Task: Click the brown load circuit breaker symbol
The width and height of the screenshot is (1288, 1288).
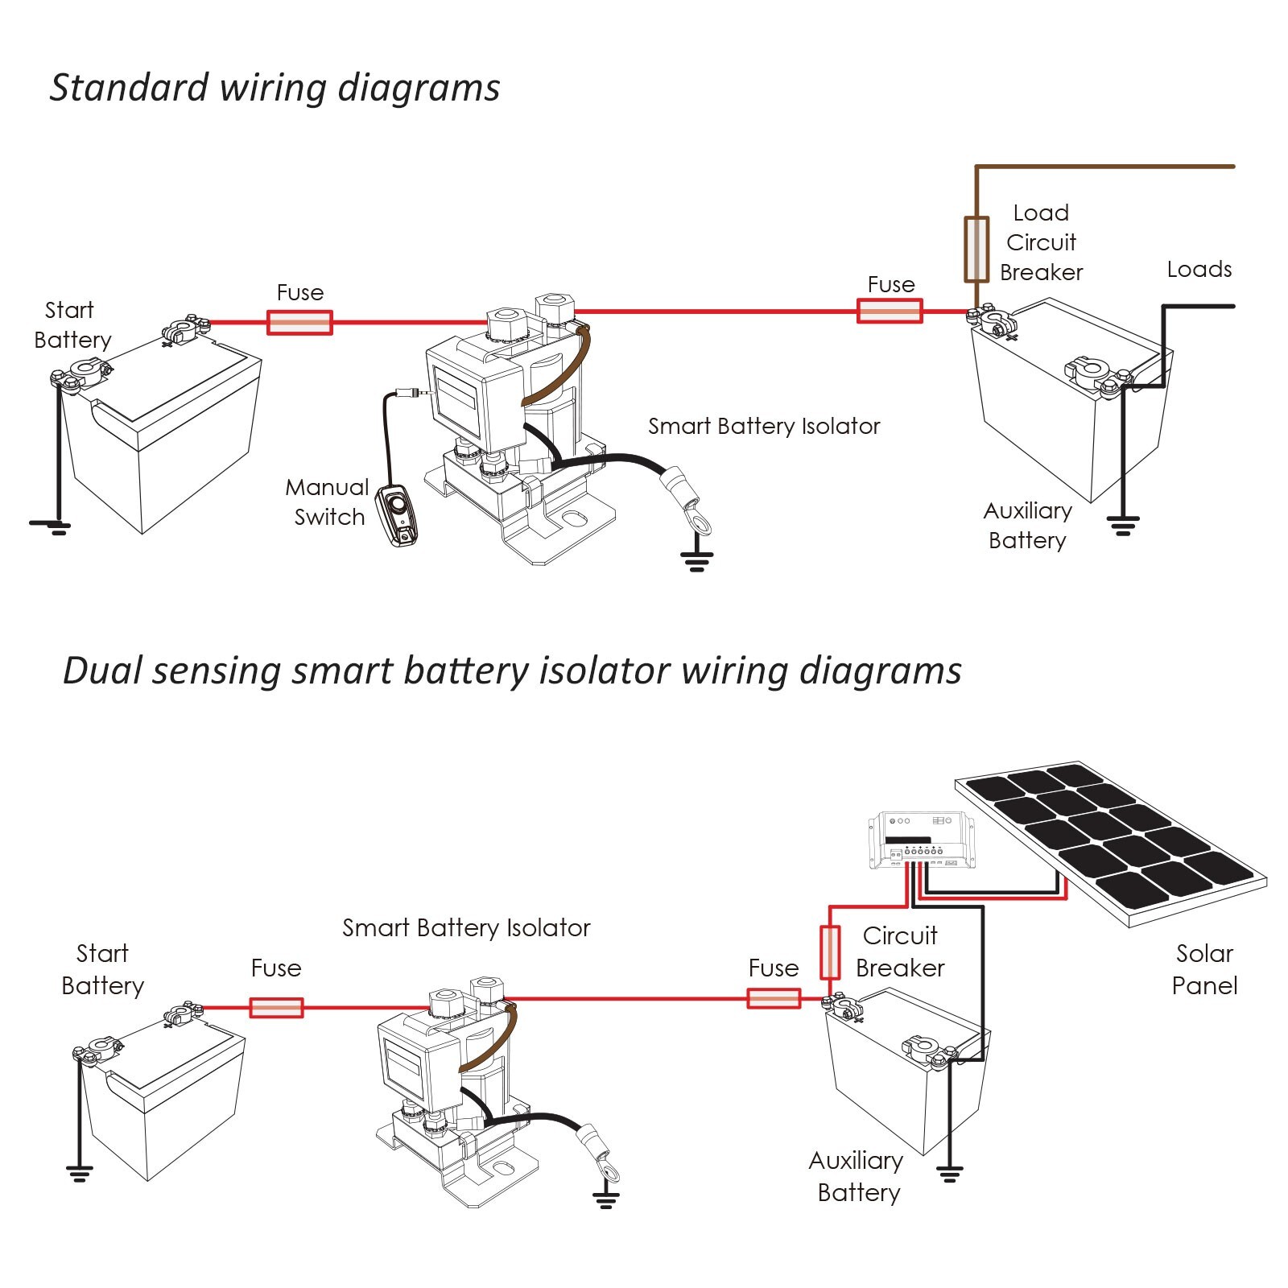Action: click(976, 249)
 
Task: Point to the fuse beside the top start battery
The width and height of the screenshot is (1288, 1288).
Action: click(299, 323)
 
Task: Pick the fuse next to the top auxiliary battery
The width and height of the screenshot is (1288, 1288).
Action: click(890, 311)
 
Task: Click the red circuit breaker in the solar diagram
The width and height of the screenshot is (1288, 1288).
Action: click(830, 952)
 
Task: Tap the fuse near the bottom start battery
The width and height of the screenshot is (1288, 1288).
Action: click(276, 1007)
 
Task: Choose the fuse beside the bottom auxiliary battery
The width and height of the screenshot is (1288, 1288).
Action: click(774, 999)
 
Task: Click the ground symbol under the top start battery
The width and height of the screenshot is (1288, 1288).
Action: click(52, 527)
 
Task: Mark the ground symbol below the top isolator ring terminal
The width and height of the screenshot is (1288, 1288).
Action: click(697, 561)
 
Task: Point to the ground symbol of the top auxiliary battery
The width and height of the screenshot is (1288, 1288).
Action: click(1122, 526)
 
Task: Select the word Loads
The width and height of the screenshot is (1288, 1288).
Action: click(1199, 269)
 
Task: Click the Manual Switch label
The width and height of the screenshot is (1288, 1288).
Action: click(328, 502)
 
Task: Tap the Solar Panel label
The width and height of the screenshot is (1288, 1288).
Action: click(1204, 969)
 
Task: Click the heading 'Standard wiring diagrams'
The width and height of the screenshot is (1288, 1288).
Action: click(275, 88)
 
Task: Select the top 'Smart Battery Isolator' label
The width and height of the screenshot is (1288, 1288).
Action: click(764, 426)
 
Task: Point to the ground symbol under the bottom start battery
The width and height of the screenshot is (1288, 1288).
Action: click(79, 1173)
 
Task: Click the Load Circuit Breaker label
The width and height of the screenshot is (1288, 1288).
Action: click(1041, 242)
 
